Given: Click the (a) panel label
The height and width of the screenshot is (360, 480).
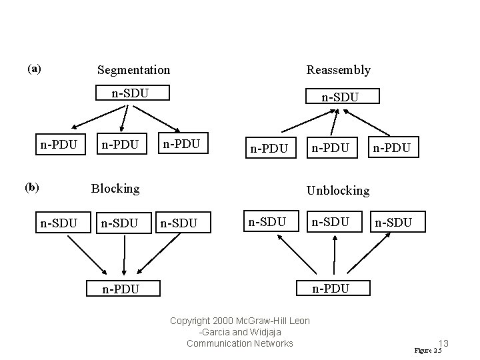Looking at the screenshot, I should pyautogui.click(x=34, y=69).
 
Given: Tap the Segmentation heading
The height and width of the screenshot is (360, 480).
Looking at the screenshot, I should pyautogui.click(x=133, y=70).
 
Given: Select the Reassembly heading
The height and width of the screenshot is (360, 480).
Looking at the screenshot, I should pyautogui.click(x=338, y=70).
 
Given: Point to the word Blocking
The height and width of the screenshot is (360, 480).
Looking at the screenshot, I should pyautogui.click(x=115, y=189).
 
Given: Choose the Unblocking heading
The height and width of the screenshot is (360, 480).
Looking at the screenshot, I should pyautogui.click(x=337, y=191).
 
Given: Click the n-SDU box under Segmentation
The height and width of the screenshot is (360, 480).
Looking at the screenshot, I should pyautogui.click(x=130, y=93).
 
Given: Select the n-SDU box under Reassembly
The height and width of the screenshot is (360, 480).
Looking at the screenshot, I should pyautogui.click(x=340, y=97).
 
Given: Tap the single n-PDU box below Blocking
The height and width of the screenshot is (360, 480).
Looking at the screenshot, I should pyautogui.click(x=120, y=289).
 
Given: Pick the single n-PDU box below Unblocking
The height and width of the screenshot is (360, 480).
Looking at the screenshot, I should pyautogui.click(x=331, y=288).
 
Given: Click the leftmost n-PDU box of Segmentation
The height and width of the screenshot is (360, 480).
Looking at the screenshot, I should pyautogui.click(x=59, y=144).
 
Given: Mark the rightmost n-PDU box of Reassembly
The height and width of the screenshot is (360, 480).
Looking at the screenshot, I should pyautogui.click(x=395, y=147).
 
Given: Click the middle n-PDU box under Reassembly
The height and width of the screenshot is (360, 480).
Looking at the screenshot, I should pyautogui.click(x=331, y=147).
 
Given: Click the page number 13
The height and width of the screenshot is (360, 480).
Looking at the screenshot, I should pyautogui.click(x=443, y=343).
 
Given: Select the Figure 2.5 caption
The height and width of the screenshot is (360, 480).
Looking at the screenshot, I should pyautogui.click(x=427, y=351).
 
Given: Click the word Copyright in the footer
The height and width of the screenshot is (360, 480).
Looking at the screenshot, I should pyautogui.click(x=190, y=321).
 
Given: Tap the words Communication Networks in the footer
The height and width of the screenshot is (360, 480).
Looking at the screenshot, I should pyautogui.click(x=239, y=343).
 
